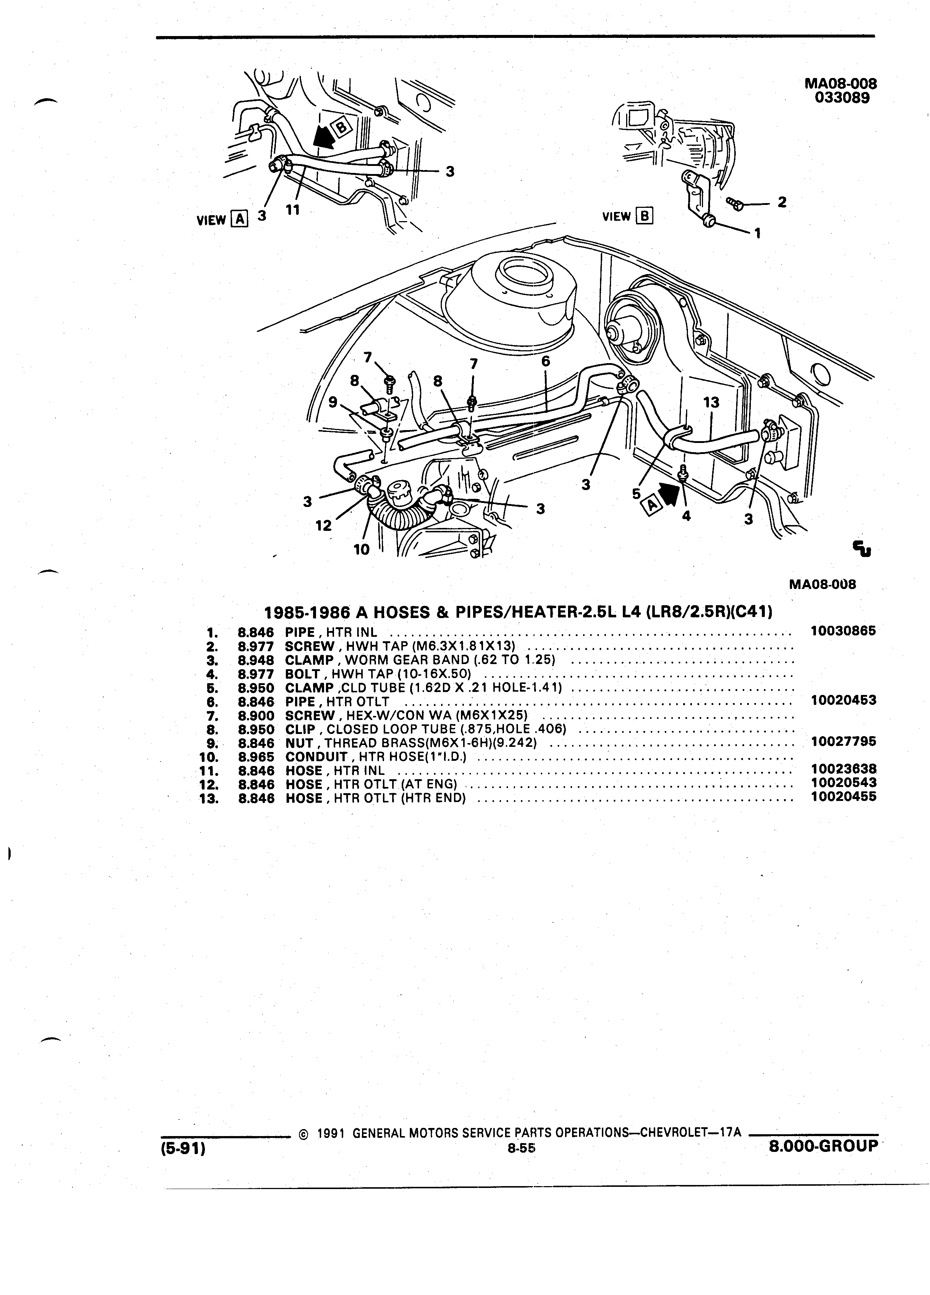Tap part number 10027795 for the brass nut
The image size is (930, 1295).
pos(843,741)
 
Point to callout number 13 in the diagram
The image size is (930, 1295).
pos(711,402)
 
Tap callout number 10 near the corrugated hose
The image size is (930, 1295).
pos(361,549)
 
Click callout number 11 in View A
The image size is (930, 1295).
pos(292,210)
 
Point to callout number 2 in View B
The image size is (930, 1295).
pos(782,202)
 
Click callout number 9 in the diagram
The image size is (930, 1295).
pos(333,402)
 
